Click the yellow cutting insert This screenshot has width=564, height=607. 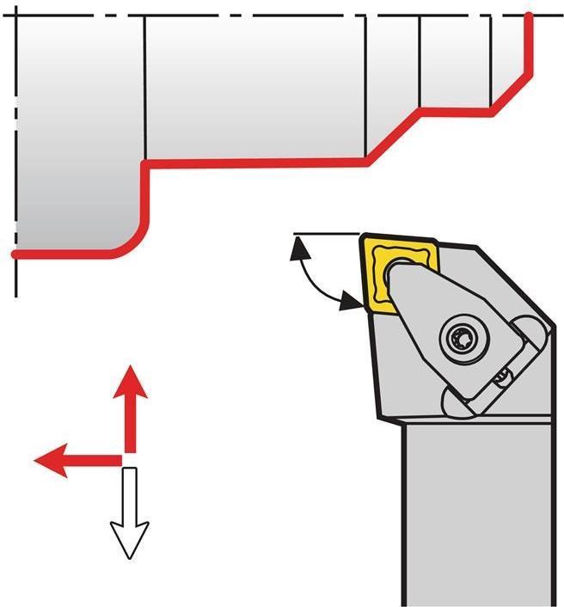[377, 275]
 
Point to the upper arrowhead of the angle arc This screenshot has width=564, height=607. [299, 248]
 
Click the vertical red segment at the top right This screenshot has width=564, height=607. [528, 43]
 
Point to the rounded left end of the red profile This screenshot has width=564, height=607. [15, 254]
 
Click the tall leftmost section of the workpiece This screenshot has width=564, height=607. [77, 129]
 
